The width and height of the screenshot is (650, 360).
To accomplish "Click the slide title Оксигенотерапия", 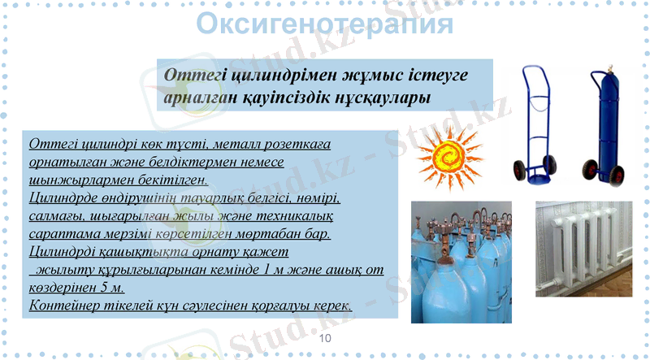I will [324, 24].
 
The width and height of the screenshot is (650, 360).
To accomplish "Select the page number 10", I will [326, 337].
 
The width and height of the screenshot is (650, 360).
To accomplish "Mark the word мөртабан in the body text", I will [274, 234].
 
